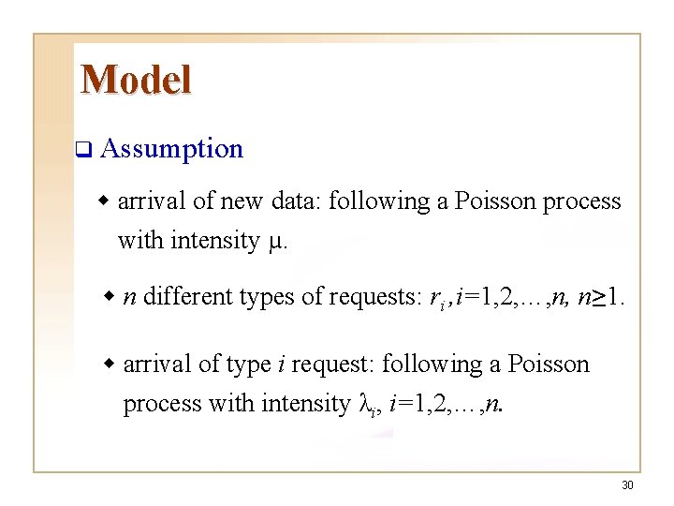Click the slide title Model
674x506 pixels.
click(x=136, y=80)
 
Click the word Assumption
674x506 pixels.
click(x=171, y=149)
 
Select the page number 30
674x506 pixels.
click(x=627, y=485)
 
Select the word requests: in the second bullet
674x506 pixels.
click(x=372, y=297)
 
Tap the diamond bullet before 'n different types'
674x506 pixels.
click(x=110, y=297)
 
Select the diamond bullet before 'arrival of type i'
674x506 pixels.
click(x=110, y=364)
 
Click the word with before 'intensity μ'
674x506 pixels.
click(x=140, y=242)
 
